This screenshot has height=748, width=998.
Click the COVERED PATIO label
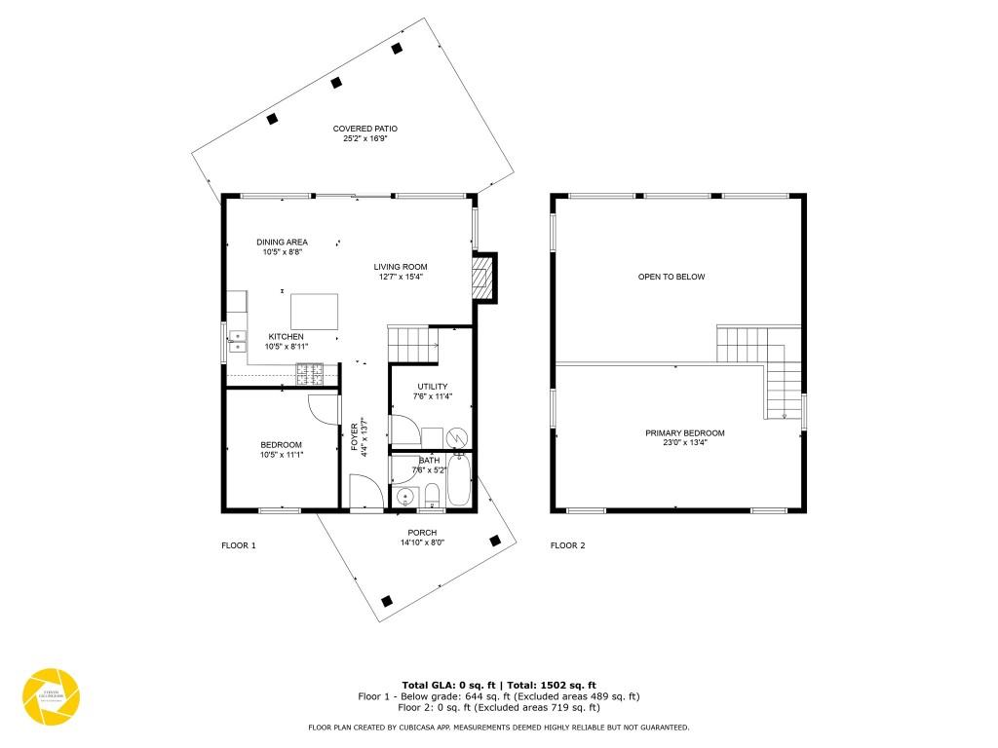365,129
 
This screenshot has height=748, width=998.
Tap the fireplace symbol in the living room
480,277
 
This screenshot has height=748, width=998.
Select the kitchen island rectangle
314,312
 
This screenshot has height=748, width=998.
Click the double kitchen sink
237,341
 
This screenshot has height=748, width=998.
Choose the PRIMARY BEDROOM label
684,433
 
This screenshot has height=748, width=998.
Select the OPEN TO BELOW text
671,277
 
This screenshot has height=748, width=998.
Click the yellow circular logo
51,697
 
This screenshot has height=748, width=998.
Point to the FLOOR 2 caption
567,545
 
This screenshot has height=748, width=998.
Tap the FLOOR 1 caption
238,545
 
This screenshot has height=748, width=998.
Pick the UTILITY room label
432,387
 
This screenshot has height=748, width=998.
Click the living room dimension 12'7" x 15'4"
401,277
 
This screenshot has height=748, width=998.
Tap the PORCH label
422,532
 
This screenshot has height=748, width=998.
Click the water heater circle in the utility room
457,438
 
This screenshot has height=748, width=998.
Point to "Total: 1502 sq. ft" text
550,685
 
